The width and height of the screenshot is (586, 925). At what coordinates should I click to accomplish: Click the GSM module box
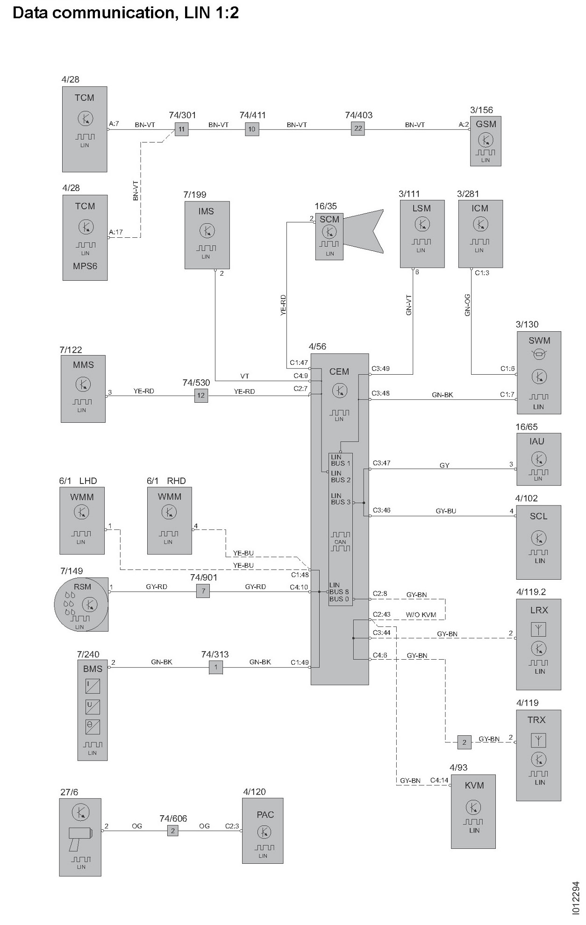point(486,141)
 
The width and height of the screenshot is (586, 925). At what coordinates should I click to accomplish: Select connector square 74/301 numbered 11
point(181,129)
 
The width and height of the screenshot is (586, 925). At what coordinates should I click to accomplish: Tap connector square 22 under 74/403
point(357,129)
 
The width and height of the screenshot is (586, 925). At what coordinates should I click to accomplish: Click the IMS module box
point(207,235)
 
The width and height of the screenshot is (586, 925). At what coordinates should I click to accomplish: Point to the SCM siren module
point(330,236)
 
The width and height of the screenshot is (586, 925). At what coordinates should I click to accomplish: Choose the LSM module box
point(422,234)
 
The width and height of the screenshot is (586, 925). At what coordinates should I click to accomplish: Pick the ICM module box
point(480,234)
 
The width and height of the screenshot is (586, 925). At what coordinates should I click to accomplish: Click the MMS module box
point(83,389)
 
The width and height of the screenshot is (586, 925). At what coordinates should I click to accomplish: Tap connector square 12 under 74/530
point(201,395)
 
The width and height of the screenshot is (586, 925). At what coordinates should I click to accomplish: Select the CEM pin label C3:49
point(380,369)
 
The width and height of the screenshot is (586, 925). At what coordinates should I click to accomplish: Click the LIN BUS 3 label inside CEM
point(340,499)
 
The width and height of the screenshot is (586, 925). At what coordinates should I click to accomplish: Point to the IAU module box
point(538,459)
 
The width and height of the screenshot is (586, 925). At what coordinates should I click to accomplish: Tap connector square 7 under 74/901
point(203,591)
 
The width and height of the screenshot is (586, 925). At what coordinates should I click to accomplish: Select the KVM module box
point(473,811)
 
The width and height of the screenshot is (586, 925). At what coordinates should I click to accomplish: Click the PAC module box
point(263,830)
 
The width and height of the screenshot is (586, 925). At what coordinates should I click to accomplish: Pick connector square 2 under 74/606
point(172,831)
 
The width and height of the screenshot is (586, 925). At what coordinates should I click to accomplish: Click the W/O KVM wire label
point(421,615)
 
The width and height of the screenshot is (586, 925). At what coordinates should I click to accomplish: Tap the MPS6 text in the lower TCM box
point(85,266)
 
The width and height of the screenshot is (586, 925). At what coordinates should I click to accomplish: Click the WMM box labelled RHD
point(169,520)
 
